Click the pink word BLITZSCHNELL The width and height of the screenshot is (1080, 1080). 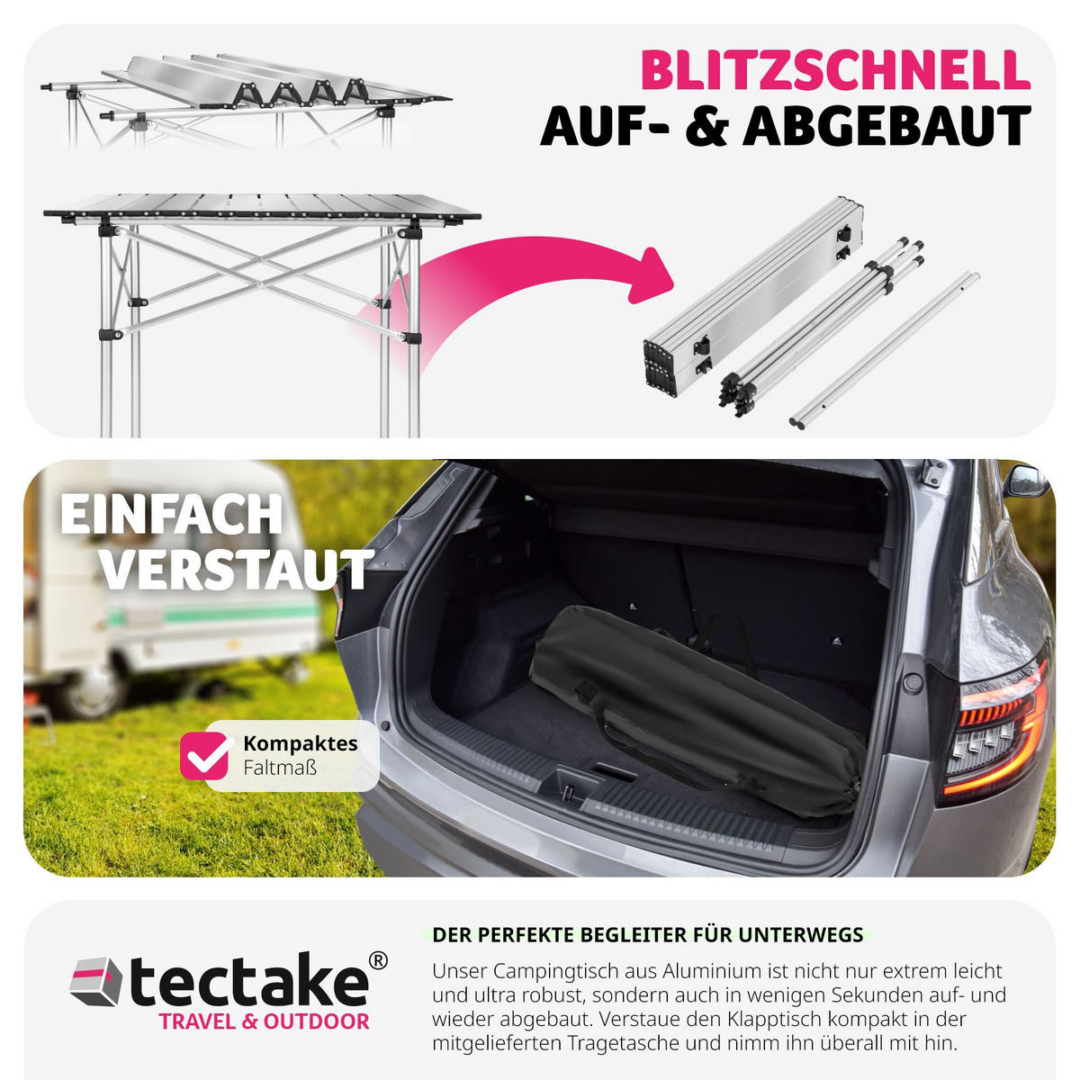(x=835, y=70)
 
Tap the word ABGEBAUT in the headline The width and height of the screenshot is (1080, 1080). (x=887, y=127)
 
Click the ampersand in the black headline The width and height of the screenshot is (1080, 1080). (x=706, y=127)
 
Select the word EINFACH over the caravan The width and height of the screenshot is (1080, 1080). (x=172, y=514)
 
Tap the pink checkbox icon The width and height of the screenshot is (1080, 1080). (x=204, y=755)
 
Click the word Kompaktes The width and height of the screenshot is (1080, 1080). (x=301, y=743)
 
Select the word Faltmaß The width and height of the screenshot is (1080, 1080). (x=280, y=768)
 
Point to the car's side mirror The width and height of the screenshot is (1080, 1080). (x=1025, y=481)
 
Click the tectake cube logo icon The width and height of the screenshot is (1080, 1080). (x=95, y=981)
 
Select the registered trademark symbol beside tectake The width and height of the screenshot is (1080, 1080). (x=378, y=960)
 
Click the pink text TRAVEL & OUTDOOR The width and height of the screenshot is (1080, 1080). (x=264, y=1021)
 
